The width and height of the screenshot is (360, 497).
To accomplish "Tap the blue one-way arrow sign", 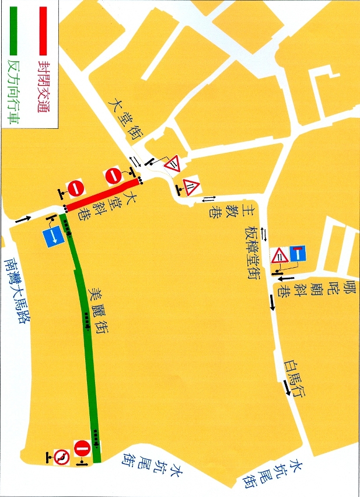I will click(53, 236).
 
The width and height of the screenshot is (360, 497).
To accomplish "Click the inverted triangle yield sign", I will click(173, 164).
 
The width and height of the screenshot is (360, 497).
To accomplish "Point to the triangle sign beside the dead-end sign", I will click(280, 256).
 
